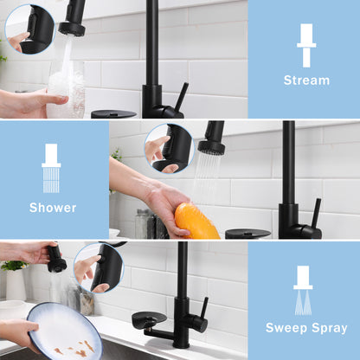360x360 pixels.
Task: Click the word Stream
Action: click(305, 80)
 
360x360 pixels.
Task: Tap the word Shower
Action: click(53, 207)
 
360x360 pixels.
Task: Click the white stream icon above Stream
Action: click(305, 44)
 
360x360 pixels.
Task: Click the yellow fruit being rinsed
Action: click(196, 220)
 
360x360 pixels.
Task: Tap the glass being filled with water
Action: click(66, 91)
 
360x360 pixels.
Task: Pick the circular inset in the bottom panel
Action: click(98, 267)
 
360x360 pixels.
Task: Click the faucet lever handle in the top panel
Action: click(180, 97)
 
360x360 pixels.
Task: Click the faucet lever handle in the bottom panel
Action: click(203, 307)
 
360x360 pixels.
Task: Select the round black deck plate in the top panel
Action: click(113, 113)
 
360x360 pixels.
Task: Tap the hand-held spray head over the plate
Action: click(56, 258)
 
